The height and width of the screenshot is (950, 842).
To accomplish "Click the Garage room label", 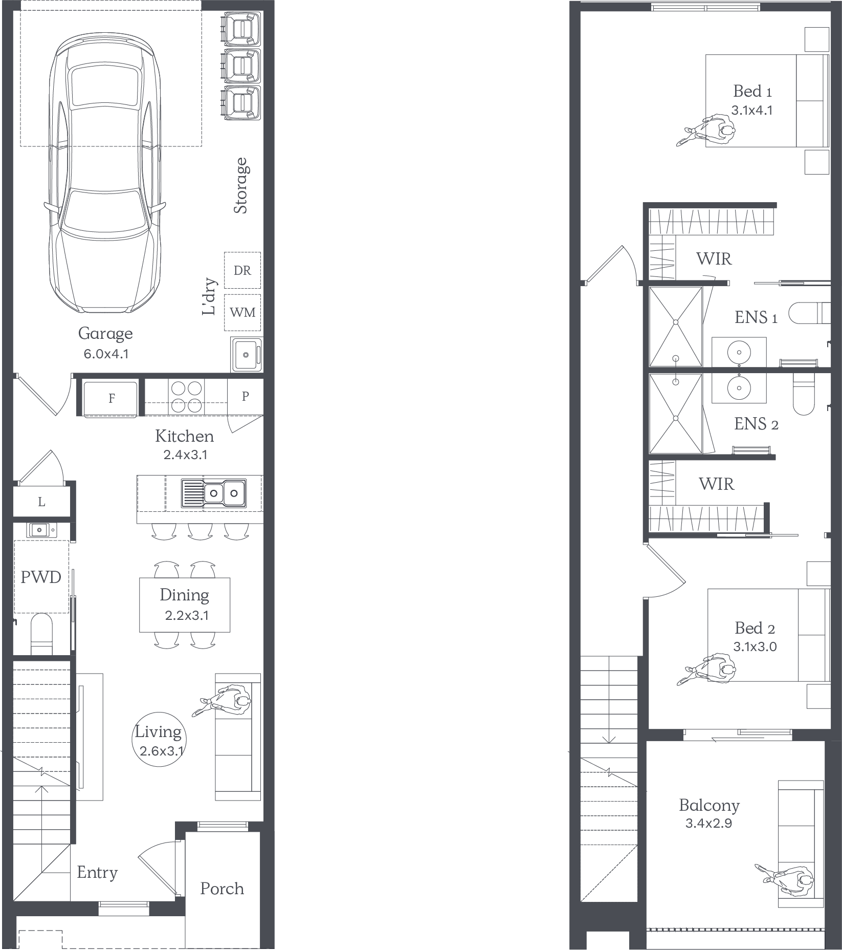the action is (x=105, y=334).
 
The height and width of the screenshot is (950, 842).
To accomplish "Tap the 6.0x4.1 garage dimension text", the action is (x=106, y=354).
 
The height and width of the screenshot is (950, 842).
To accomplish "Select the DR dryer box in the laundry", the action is (x=242, y=270).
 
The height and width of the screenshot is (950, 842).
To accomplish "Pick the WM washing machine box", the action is (x=242, y=312).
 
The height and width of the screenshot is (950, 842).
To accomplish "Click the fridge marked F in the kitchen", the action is (x=111, y=398).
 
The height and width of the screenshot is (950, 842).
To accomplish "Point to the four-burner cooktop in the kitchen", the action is (x=186, y=397).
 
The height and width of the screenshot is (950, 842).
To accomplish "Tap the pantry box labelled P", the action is (x=246, y=396).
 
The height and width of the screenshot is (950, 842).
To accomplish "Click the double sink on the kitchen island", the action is (x=214, y=493).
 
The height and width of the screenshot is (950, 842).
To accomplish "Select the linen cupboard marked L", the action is (x=41, y=502).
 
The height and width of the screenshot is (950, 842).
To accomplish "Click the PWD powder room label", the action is (x=41, y=577).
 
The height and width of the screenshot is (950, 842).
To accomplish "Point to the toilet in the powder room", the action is (x=42, y=635).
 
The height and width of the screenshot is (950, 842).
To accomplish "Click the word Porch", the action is (x=222, y=889).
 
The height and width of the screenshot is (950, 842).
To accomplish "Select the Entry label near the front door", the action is (x=97, y=872).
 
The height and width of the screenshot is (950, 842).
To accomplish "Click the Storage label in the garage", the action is (x=240, y=185).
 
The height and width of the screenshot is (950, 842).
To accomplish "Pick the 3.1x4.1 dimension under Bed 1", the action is (x=752, y=110).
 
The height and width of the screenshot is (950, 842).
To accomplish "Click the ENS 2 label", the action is (x=756, y=424).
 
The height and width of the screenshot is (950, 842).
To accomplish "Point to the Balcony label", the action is (x=709, y=806).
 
